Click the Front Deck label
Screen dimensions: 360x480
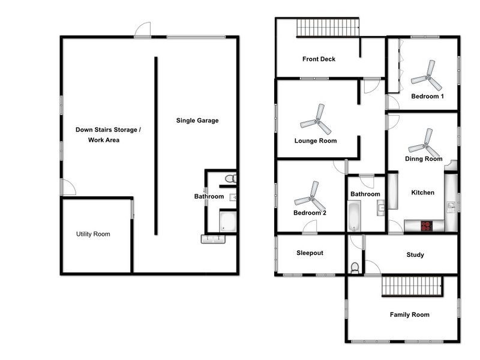319,59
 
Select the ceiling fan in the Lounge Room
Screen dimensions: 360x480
316,119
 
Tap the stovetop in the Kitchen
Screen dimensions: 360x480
427,226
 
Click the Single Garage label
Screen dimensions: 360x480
197,121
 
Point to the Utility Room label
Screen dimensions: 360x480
93,234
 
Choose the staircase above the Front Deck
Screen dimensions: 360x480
328,28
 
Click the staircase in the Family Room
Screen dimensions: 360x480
412,286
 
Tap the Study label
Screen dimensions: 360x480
415,255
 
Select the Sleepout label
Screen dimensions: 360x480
310,253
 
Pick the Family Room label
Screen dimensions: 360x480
409,315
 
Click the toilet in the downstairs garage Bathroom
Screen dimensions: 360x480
230,178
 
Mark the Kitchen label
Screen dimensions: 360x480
422,193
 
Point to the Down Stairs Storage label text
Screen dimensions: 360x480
108,130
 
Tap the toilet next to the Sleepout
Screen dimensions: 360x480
355,268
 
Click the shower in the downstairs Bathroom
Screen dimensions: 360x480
227,222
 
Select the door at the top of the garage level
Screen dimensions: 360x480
143,30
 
